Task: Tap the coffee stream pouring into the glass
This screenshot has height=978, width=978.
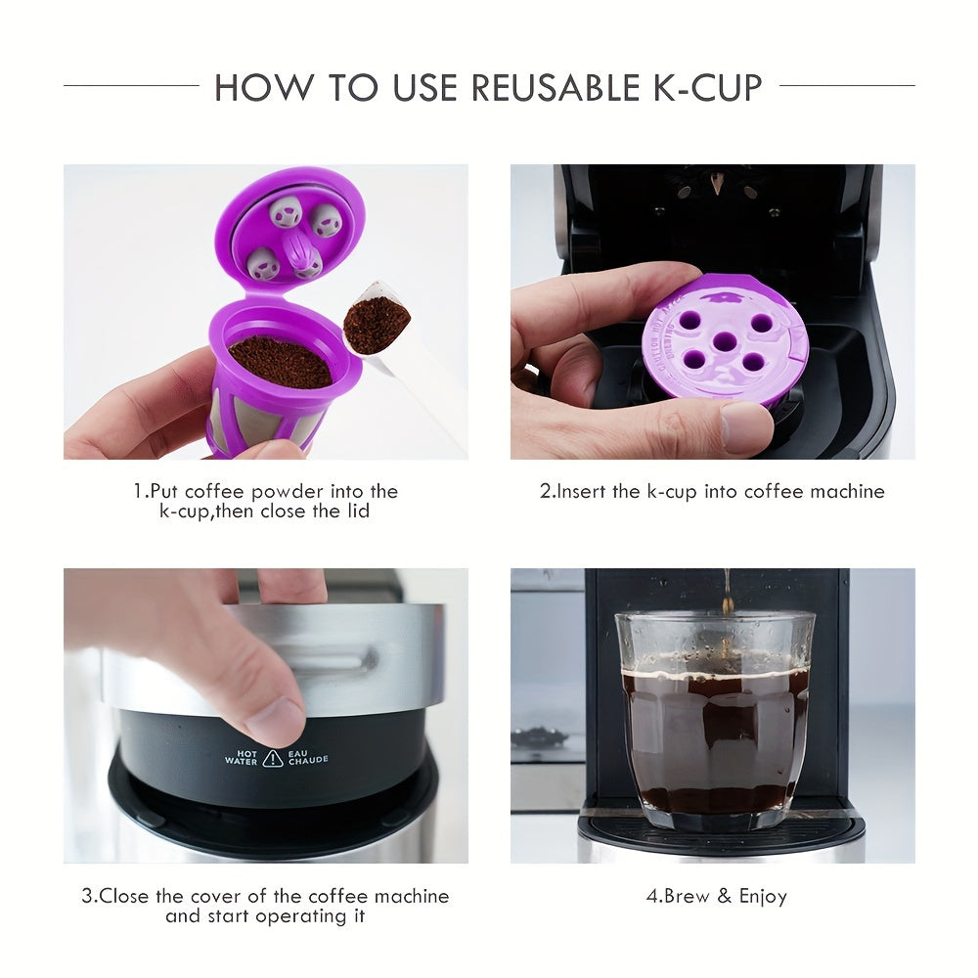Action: (x=726, y=592)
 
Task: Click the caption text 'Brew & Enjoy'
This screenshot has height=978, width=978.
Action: (x=725, y=896)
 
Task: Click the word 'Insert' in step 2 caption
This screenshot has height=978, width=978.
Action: (x=583, y=491)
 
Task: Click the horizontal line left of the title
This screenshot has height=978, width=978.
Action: (x=131, y=86)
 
